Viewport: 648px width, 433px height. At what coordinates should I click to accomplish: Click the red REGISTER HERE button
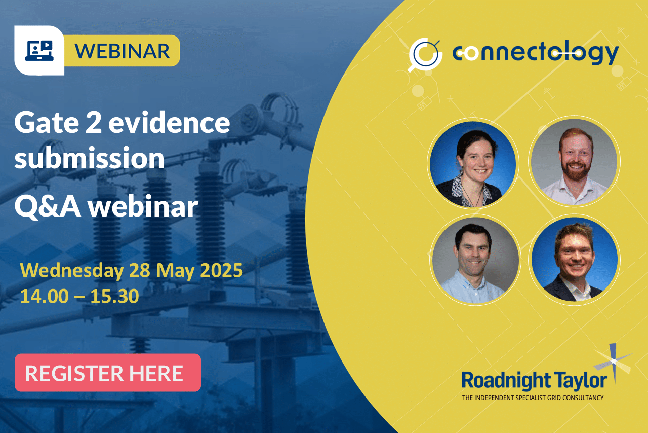pyautogui.click(x=108, y=373)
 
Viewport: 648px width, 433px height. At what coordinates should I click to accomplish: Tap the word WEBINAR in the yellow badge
pyautogui.click(x=122, y=51)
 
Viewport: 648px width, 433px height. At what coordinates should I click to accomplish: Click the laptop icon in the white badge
pyautogui.click(x=39, y=50)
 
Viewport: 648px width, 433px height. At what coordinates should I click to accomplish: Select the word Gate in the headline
pyautogui.click(x=46, y=122)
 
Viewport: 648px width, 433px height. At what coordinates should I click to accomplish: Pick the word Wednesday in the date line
pyautogui.click(x=72, y=271)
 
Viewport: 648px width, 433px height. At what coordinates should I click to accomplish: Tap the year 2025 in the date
pyautogui.click(x=221, y=270)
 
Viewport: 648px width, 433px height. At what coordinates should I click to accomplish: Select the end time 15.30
pyautogui.click(x=114, y=296)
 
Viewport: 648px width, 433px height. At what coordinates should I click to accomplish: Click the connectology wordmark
pyautogui.click(x=536, y=54)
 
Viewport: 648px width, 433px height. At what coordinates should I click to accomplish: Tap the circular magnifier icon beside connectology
pyautogui.click(x=425, y=54)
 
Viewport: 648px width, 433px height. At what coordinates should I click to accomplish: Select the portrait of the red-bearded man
pyautogui.click(x=574, y=161)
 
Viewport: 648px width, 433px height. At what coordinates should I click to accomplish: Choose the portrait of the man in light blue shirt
pyautogui.click(x=475, y=260)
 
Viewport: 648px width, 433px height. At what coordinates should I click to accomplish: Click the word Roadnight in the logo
pyautogui.click(x=506, y=381)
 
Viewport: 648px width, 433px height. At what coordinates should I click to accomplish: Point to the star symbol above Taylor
pyautogui.click(x=613, y=361)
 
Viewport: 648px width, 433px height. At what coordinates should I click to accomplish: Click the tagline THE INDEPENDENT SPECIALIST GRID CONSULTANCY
pyautogui.click(x=533, y=398)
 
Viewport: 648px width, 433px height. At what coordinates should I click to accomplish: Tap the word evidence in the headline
pyautogui.click(x=169, y=122)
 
